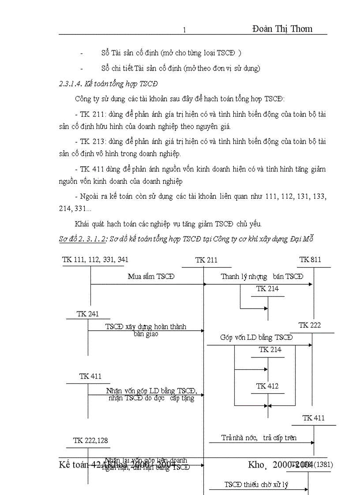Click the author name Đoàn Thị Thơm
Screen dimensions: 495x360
point(282,29)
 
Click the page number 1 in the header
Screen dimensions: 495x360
point(184,30)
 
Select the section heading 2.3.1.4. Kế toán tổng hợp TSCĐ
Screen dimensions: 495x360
point(109,84)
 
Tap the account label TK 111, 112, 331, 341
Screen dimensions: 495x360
point(95,259)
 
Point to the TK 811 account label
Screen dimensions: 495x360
point(310,259)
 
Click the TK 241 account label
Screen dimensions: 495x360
point(87,314)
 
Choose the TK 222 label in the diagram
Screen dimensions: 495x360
point(310,325)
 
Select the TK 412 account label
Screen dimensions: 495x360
point(267,386)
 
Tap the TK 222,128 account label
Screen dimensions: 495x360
point(90,440)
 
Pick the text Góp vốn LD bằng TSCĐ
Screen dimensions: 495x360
point(256,338)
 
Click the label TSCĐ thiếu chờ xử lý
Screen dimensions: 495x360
point(256,485)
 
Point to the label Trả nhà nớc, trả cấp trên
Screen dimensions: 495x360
point(259,438)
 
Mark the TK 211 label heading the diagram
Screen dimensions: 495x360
point(206,260)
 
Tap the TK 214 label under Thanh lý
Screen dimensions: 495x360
point(267,289)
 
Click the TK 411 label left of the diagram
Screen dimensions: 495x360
point(90,376)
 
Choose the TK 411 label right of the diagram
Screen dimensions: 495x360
point(314,418)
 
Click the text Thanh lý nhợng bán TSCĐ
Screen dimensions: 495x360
point(262,277)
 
